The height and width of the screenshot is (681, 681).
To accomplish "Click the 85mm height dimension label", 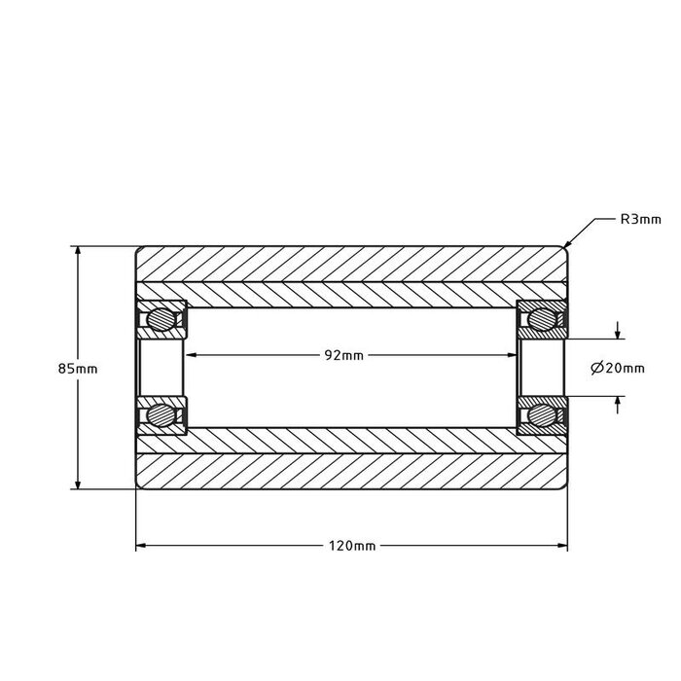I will click(78, 369).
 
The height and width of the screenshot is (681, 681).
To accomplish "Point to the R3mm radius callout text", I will click(640, 219).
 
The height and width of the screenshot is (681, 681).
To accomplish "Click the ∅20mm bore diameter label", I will click(618, 368).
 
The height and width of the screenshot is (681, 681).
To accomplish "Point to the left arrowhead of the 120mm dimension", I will click(140, 546).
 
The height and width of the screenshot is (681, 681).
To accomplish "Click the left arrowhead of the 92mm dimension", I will click(192, 355).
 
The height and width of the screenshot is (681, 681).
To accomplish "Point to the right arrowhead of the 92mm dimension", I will click(509, 355).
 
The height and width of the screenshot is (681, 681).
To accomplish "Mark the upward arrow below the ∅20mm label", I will click(618, 402).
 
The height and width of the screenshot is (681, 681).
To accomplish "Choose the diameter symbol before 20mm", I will click(596, 368).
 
